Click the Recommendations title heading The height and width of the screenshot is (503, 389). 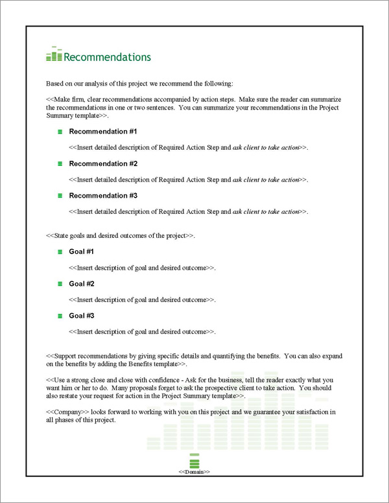[x=107, y=57]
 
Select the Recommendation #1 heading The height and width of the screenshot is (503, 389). [x=102, y=132]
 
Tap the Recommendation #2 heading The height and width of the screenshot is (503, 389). [x=102, y=163]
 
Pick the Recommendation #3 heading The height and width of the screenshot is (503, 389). [x=102, y=195]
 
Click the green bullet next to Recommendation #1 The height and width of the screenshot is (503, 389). [x=60, y=132]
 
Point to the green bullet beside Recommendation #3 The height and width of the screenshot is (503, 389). [x=60, y=195]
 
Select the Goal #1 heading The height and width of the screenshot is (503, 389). [x=82, y=251]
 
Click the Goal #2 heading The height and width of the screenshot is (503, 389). [x=82, y=284]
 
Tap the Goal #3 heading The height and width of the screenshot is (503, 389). [x=82, y=316]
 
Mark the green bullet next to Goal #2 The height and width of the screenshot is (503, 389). [x=60, y=284]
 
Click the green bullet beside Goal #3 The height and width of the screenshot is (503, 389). [x=60, y=316]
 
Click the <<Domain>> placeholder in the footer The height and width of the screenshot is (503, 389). [x=194, y=472]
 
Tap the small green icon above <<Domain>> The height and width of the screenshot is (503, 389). [x=194, y=461]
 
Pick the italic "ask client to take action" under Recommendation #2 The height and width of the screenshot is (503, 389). [x=266, y=180]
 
